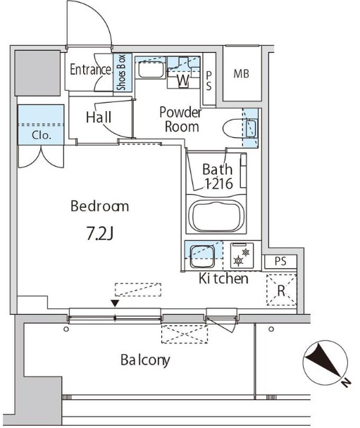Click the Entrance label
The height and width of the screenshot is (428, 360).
pyautogui.click(x=91, y=70)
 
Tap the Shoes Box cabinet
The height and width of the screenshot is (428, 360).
pyautogui.click(x=123, y=73)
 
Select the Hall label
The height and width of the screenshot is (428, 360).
pyautogui.click(x=99, y=118)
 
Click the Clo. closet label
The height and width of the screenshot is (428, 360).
pyautogui.click(x=42, y=135)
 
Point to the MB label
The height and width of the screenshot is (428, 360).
pyautogui.click(x=241, y=74)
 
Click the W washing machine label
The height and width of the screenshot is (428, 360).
pyautogui.click(x=183, y=80)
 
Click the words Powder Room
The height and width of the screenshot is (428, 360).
pyautogui.click(x=180, y=120)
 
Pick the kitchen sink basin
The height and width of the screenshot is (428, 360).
pyautogui.click(x=201, y=256)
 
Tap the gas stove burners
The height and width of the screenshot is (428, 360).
pyautogui.click(x=242, y=256)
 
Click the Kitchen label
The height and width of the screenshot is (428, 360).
pyautogui.click(x=223, y=279)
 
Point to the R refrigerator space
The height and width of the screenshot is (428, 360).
pyautogui.click(x=281, y=290)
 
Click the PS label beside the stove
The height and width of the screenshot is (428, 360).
pyautogui.click(x=280, y=261)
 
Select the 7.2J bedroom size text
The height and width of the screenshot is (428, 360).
pyautogui.click(x=100, y=234)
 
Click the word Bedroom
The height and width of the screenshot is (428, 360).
pyautogui.click(x=100, y=206)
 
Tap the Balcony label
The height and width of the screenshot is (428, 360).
pyautogui.click(x=145, y=360)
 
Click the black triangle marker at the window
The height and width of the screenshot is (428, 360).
pyautogui.click(x=116, y=303)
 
